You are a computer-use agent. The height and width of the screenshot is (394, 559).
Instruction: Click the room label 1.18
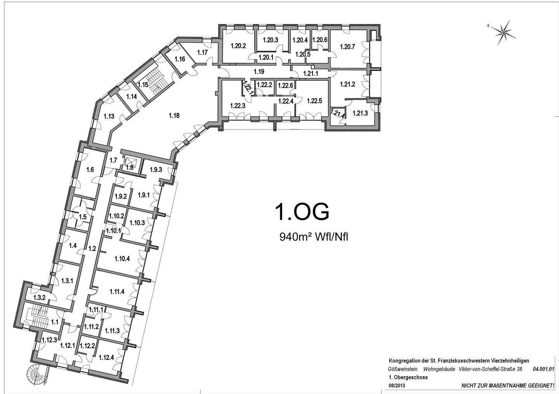(174, 116)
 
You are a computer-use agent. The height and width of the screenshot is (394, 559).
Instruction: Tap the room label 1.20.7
(347, 47)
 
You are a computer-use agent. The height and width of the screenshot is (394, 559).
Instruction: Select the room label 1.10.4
(122, 259)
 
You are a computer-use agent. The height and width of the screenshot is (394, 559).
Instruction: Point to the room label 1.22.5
(314, 101)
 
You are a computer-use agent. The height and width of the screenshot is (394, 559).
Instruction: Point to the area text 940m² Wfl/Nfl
(314, 237)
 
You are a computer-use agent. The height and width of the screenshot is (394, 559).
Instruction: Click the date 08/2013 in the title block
(397, 386)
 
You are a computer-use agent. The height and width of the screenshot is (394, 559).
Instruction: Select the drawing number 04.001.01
(543, 369)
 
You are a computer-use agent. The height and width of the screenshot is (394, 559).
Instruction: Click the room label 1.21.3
(360, 114)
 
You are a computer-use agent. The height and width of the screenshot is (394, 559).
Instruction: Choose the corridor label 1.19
(259, 72)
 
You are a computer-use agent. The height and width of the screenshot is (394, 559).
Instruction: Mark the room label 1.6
(90, 170)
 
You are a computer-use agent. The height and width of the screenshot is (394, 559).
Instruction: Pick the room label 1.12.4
(106, 358)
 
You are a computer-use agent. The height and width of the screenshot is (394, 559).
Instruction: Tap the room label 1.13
(109, 116)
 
